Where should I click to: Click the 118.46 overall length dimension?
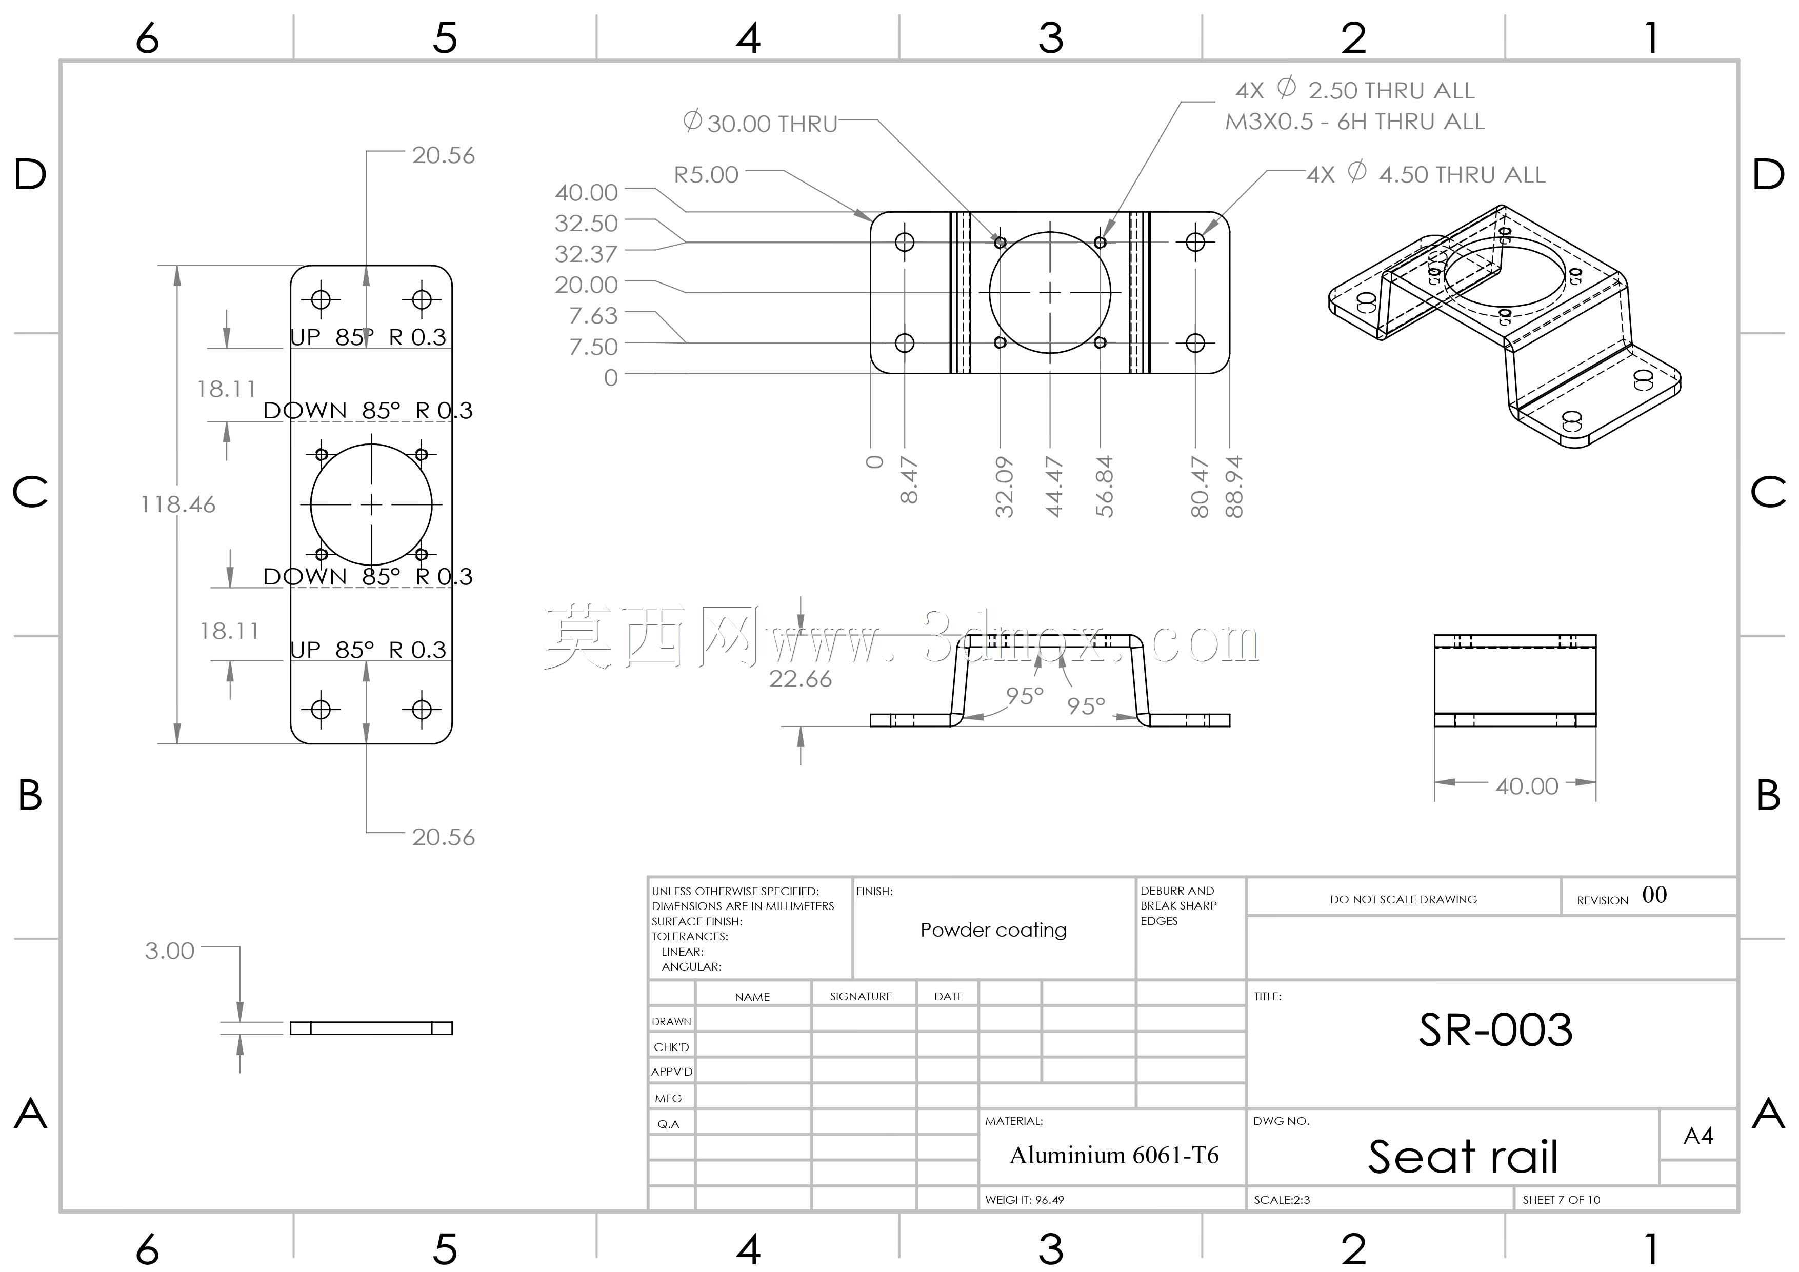[178, 504]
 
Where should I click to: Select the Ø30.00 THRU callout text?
[760, 123]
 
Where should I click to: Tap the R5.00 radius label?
[706, 175]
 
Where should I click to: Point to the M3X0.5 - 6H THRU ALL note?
[1355, 122]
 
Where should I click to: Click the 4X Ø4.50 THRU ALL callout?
[1426, 173]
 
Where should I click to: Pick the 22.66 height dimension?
[800, 678]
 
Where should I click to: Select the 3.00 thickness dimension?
[169, 951]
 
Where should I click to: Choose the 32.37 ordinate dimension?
[586, 254]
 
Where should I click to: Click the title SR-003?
[1495, 1030]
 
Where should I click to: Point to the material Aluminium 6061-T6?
[1113, 1155]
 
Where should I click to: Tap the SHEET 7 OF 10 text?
[1561, 1200]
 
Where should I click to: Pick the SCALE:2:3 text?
[1282, 1200]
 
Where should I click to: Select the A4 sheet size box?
[1698, 1136]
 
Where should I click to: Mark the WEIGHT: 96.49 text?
[1024, 1200]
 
